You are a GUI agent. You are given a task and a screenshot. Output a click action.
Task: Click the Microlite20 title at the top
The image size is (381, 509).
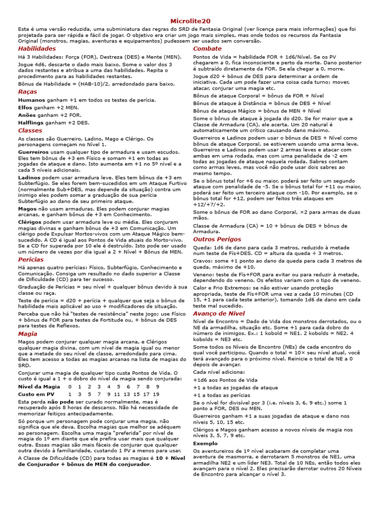click(190, 21)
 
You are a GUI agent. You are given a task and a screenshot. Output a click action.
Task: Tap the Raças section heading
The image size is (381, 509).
click(27, 91)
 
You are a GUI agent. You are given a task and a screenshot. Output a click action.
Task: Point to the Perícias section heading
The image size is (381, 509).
click(31, 259)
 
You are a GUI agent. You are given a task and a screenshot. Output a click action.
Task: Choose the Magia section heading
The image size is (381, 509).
click(27, 334)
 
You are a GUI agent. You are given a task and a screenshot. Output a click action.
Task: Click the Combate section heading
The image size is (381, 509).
click(207, 49)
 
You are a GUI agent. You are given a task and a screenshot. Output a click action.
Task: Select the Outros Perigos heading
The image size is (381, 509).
click(217, 239)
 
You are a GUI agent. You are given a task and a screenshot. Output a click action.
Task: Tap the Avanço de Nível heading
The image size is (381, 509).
click(219, 314)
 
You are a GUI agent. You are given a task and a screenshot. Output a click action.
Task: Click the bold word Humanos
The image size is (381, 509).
click(32, 100)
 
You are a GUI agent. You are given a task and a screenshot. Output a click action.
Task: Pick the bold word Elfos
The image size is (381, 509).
click(26, 107)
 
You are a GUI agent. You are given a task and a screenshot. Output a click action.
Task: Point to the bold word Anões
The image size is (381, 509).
click(27, 115)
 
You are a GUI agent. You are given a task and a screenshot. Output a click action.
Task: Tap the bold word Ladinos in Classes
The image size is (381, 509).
click(30, 177)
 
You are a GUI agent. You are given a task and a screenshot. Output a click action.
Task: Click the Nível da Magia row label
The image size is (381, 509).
click(39, 386)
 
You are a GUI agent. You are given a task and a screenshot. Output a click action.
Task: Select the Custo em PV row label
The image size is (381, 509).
click(36, 394)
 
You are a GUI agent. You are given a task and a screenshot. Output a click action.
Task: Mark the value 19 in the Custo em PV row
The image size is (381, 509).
click(157, 394)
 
